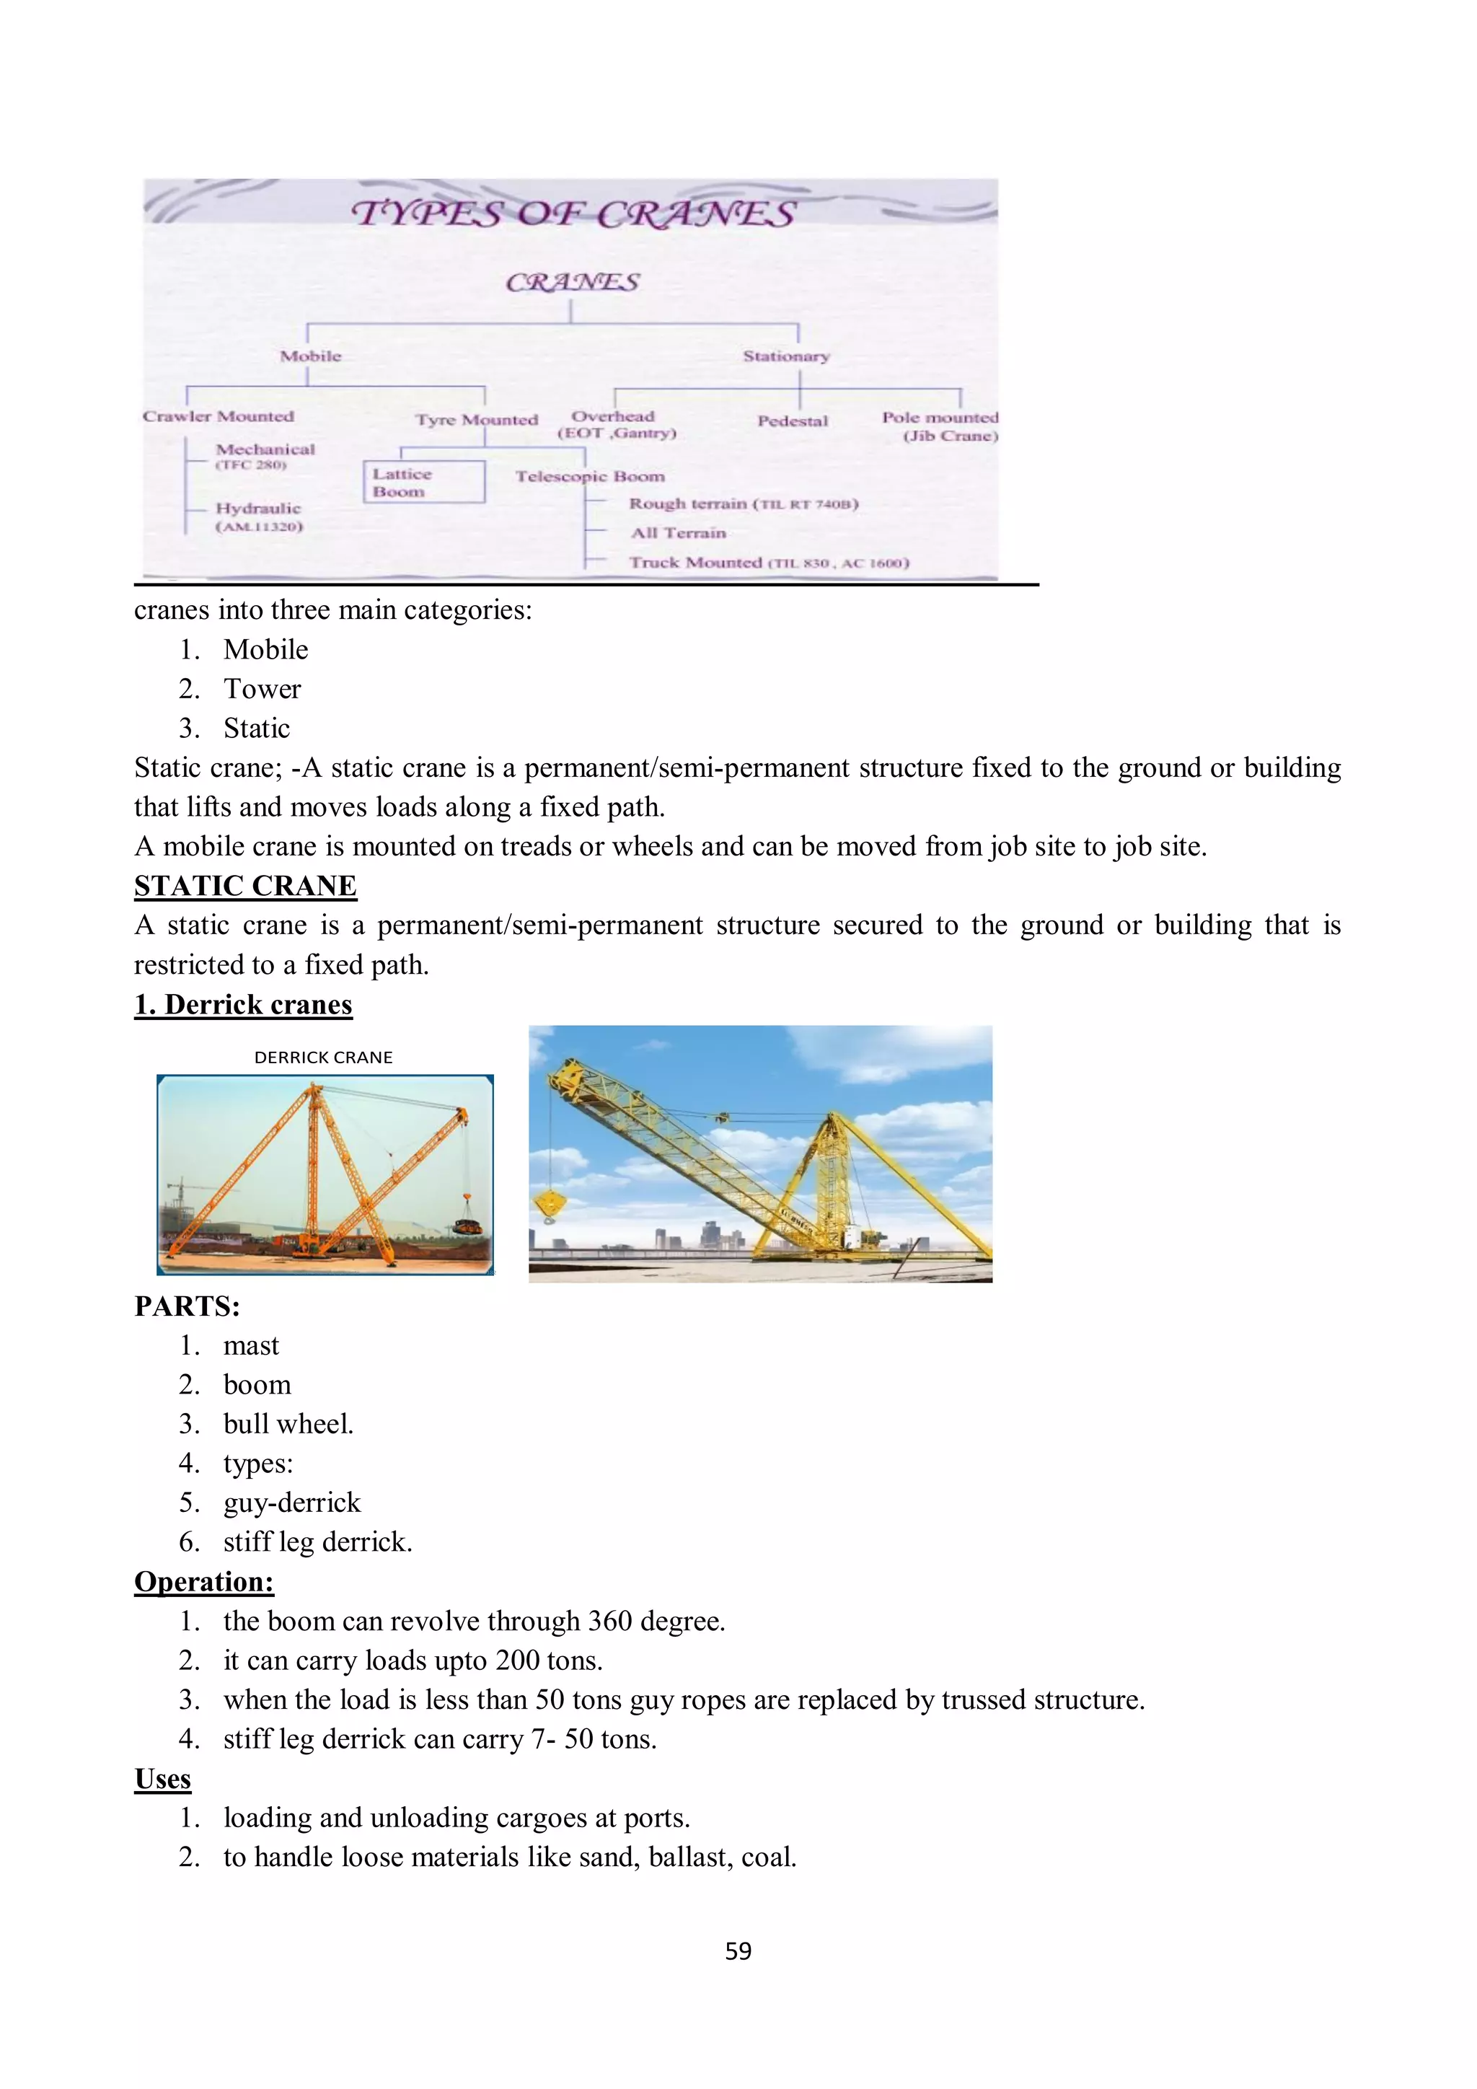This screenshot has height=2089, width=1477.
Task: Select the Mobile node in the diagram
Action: tap(310, 356)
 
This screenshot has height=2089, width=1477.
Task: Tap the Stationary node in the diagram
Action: tap(786, 356)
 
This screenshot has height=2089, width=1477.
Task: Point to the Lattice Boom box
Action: tap(424, 483)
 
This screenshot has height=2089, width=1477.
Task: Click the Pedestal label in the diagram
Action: tap(792, 421)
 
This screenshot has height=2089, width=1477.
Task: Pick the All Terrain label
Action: tap(679, 533)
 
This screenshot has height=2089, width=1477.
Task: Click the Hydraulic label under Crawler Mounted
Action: tap(258, 509)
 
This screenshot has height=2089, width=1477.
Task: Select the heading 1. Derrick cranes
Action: tap(244, 1005)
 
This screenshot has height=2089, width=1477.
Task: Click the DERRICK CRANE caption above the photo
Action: tap(323, 1057)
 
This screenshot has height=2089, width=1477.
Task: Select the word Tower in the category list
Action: tap(262, 689)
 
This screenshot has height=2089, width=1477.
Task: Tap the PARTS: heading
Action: tap(188, 1306)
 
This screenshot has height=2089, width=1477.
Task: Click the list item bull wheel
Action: tap(288, 1424)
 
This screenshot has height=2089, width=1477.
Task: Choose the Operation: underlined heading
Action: tap(203, 1582)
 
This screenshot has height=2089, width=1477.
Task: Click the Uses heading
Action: tap(163, 1779)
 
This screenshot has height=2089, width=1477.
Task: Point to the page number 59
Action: tap(738, 1952)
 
